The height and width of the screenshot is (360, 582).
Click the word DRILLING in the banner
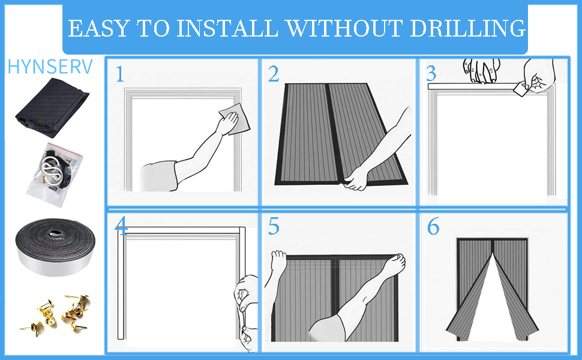[x=468, y=28]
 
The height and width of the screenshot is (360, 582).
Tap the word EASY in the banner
[x=99, y=28]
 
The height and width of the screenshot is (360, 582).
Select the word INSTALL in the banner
[x=227, y=28]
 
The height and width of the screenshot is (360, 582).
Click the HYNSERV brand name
[x=50, y=67]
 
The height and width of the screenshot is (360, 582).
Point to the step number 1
[x=119, y=74]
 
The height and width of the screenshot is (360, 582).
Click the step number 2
[x=274, y=74]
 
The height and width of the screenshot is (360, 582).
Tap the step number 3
[x=431, y=73]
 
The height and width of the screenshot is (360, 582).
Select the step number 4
[x=121, y=226]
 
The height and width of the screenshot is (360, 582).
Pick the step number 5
[x=274, y=226]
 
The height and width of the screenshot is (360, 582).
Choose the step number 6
[x=433, y=226]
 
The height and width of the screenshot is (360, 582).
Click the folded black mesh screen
[x=52, y=108]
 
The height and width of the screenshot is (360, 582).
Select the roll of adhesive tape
[x=55, y=247]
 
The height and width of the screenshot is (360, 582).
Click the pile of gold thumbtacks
[x=56, y=315]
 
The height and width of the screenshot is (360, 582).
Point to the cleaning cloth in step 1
[x=235, y=119]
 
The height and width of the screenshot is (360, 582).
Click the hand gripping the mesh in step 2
[x=356, y=179]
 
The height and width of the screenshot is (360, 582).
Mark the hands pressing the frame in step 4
[x=247, y=313]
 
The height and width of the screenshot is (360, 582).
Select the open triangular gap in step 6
[x=492, y=301]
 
